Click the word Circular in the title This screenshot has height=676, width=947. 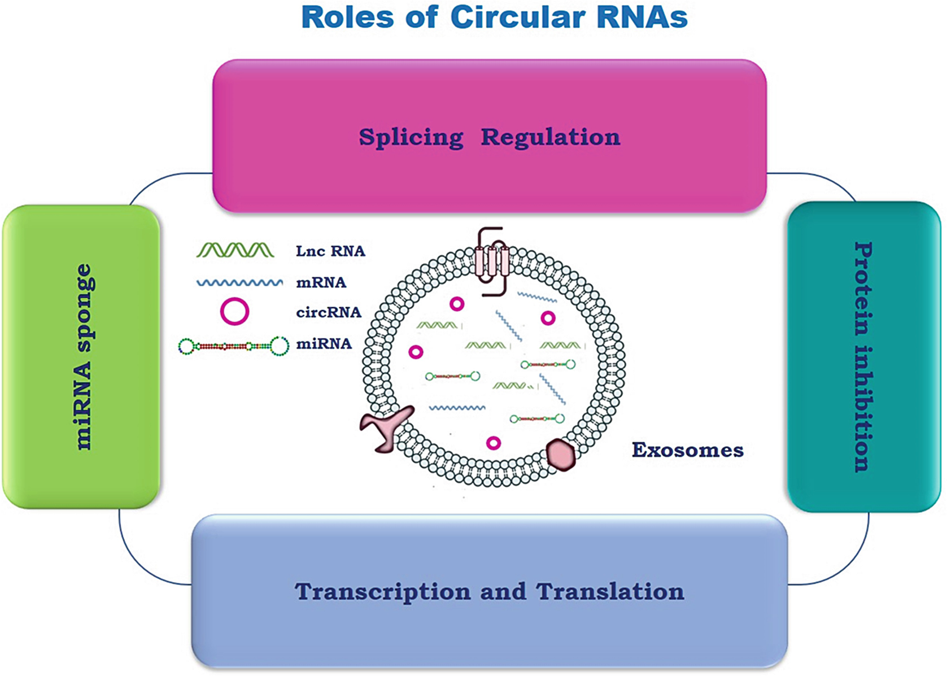(x=518, y=17)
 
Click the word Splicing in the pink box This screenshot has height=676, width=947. (x=411, y=137)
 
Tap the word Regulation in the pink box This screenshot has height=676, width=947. (x=550, y=137)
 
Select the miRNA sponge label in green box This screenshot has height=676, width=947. (x=82, y=357)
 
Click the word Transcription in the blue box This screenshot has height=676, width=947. (x=382, y=592)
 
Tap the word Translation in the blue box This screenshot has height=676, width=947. (x=610, y=592)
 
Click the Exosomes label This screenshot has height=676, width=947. (x=687, y=450)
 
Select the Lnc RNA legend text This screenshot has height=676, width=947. (x=330, y=251)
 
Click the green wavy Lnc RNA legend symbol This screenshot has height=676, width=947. (x=235, y=250)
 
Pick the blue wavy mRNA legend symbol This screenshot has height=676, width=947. (x=240, y=282)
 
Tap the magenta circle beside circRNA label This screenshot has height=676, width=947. (x=234, y=311)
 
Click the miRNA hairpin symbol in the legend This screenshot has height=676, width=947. (x=234, y=346)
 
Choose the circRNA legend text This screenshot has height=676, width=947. (x=328, y=312)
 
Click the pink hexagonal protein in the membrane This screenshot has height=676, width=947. (x=561, y=455)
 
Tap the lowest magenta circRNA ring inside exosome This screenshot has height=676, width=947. (x=494, y=443)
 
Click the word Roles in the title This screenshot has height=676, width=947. (x=348, y=17)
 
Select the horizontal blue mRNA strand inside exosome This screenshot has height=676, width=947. (x=457, y=407)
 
